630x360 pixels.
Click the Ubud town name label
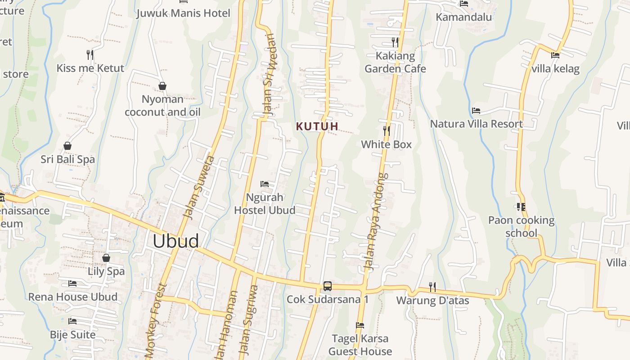[x=175, y=241]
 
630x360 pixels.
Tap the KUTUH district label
[x=317, y=126]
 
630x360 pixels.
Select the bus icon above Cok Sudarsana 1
[x=328, y=286]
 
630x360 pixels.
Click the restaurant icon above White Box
[x=387, y=131]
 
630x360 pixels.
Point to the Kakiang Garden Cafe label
[x=395, y=63]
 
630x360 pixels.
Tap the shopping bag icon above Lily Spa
[x=106, y=258]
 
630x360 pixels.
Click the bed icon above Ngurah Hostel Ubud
[x=265, y=184]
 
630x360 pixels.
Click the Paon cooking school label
[x=522, y=226]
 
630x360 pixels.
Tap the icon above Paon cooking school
[x=521, y=207]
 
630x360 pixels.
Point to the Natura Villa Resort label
[x=476, y=124]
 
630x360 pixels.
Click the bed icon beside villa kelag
[x=555, y=55]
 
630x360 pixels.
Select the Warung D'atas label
[x=432, y=300]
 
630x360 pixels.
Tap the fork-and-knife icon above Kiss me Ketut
[x=90, y=55]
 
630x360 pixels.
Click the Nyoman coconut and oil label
[x=162, y=106]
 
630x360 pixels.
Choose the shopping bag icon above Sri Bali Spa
[x=67, y=146]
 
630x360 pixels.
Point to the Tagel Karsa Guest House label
[x=360, y=345]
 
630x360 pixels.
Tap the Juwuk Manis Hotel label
[x=183, y=13]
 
